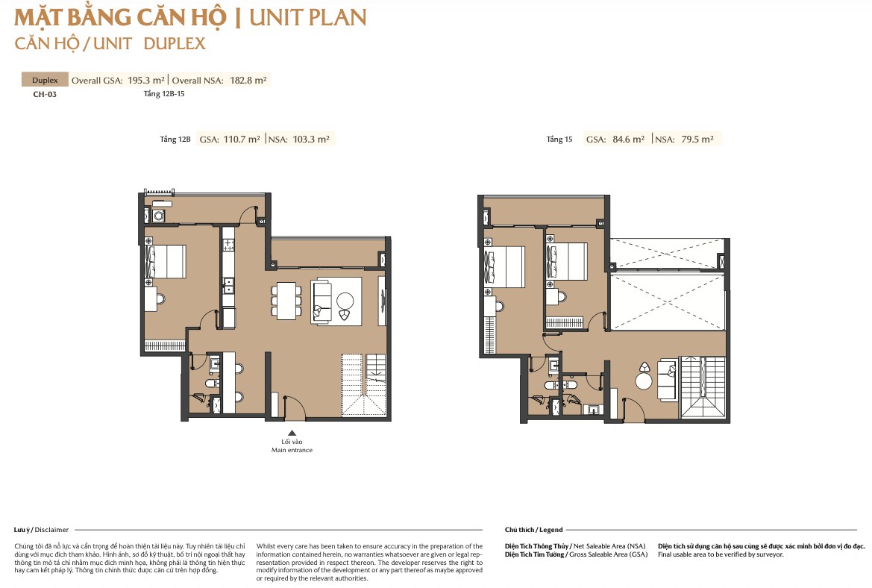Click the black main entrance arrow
click(292, 433)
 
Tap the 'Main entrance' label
click(292, 450)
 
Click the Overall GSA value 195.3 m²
click(146, 80)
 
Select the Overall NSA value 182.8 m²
click(248, 80)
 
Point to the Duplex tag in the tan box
click(45, 80)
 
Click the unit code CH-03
click(45, 94)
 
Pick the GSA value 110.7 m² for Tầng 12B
click(242, 139)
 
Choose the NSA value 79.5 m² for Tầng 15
click(697, 139)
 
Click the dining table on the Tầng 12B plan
click(286, 301)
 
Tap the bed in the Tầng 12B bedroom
click(165, 261)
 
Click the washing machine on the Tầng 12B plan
click(158, 216)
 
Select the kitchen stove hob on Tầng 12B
click(228, 245)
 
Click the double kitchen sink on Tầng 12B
click(228, 286)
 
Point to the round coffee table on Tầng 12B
click(345, 301)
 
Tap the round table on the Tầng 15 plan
click(644, 381)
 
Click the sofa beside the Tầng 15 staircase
click(668, 380)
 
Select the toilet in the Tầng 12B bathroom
click(212, 384)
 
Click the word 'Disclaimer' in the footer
click(51, 530)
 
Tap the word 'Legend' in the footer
click(551, 530)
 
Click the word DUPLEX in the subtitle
click(175, 43)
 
